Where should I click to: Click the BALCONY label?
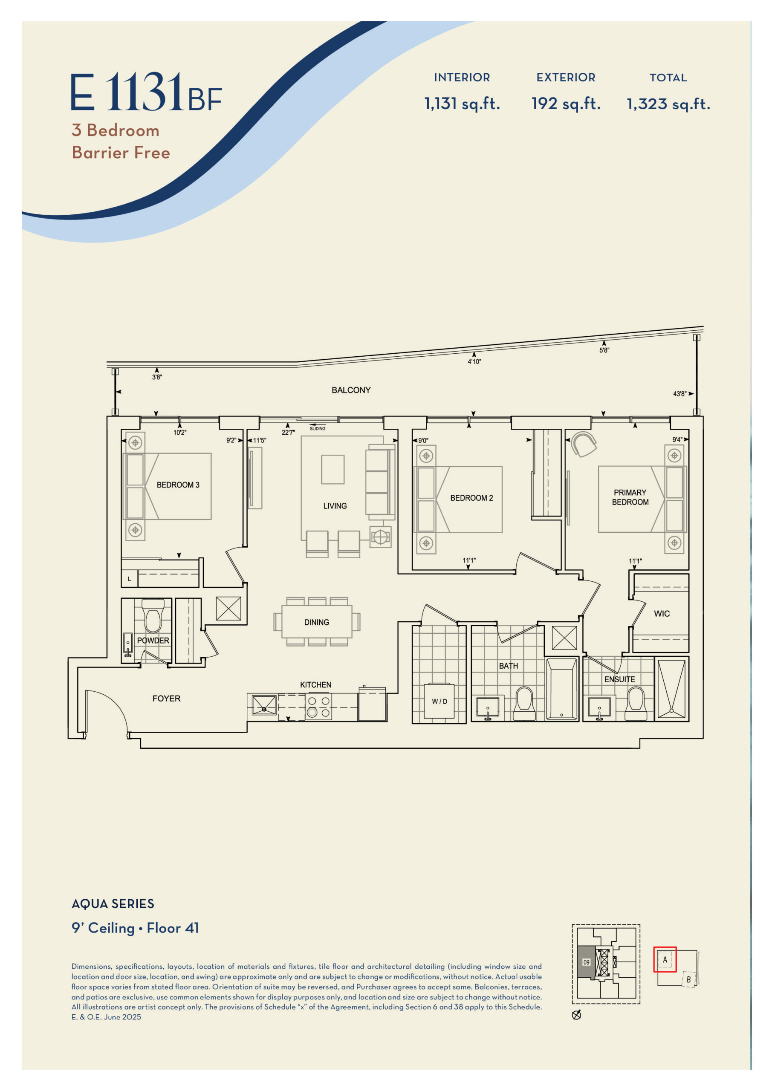point(351,390)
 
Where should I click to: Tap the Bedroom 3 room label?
point(178,485)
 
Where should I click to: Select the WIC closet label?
point(662,613)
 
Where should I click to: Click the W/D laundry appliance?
point(439,701)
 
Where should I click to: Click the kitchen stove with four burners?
point(318,707)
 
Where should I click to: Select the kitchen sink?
point(264,705)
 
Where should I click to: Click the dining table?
point(317,621)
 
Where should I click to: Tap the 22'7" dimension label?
point(288,433)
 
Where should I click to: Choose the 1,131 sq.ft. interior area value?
point(462,104)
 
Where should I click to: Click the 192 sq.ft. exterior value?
point(566,104)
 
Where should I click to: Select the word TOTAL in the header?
point(668,78)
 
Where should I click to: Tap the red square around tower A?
point(665,959)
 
